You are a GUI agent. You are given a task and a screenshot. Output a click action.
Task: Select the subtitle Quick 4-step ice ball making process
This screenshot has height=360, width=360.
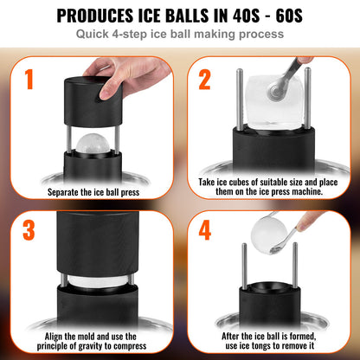pyautogui.click(x=179, y=35)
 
